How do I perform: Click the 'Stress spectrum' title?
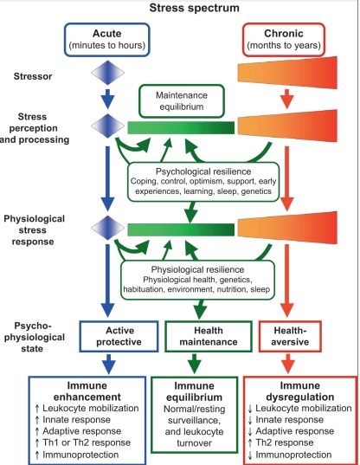pos(195,8)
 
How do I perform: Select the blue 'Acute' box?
pos(107,40)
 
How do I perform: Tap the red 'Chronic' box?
pos(284,40)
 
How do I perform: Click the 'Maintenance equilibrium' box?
pos(182,101)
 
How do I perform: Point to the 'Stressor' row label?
pos(33,76)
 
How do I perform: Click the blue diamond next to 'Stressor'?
pos(107,73)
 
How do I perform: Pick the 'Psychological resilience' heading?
pos(203,171)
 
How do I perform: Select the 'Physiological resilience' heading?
pos(197,269)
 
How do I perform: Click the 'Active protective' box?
pos(119,336)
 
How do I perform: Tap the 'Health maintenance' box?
pos(209,336)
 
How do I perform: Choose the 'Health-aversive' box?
pos(290,336)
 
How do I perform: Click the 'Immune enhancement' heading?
pos(87,391)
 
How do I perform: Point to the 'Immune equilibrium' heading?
pos(194,391)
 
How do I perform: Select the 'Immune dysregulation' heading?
pos(299,391)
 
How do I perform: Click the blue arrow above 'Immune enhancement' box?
pos(109,364)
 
